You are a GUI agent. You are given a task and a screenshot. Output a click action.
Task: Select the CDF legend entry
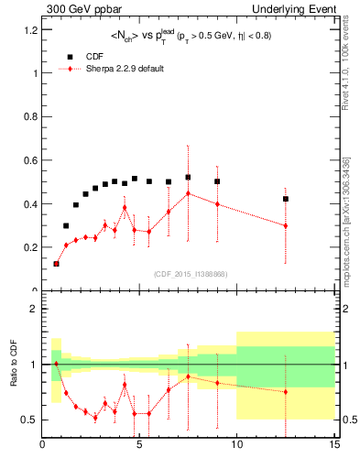coord(95,55)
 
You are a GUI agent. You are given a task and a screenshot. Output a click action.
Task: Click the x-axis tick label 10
coord(236,446)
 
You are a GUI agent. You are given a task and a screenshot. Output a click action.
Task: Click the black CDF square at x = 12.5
coord(286,199)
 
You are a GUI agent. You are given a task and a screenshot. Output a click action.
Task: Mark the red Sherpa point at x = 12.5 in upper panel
coord(286,225)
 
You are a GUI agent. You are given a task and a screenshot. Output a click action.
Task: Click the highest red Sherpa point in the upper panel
coord(188,193)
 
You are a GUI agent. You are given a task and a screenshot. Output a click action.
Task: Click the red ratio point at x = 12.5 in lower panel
coord(286,392)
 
